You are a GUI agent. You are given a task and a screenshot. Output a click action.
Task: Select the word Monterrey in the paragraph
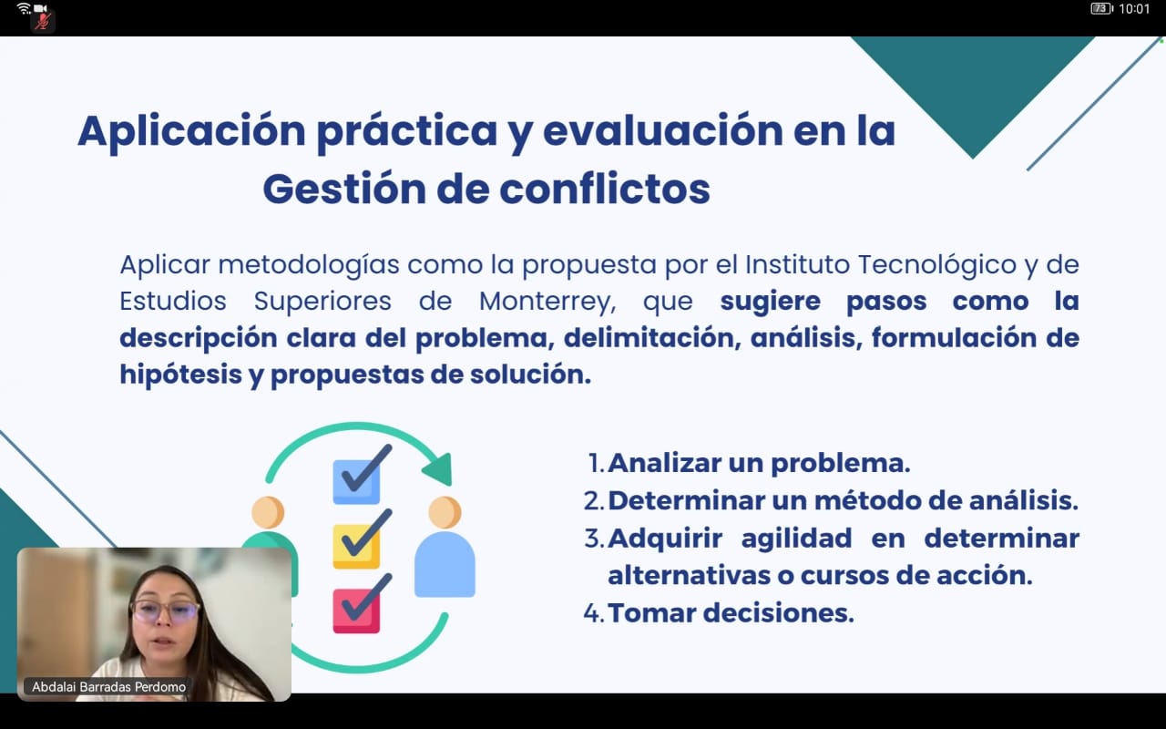[547, 302]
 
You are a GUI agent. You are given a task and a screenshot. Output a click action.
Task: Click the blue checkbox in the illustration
[356, 482]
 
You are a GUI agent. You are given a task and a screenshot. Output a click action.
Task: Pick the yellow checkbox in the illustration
[356, 546]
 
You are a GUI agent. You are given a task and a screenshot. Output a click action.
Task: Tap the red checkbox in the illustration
[356, 611]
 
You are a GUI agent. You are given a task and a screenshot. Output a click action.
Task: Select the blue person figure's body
[445, 564]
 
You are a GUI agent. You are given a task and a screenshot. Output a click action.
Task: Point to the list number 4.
[594, 613]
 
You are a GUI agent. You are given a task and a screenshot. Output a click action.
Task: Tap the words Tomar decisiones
[731, 613]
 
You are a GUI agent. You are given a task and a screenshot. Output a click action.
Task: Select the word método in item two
[867, 500]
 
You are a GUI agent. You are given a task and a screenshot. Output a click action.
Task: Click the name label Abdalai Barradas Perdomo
[108, 687]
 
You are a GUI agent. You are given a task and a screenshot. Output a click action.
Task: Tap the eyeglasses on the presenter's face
[165, 611]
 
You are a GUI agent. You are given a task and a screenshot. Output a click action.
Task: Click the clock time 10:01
[1134, 9]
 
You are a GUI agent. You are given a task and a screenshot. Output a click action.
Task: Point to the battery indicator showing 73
[1101, 8]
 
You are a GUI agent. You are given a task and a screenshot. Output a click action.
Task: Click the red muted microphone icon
[43, 21]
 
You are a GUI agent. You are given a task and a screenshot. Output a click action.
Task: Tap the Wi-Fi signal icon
[24, 8]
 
